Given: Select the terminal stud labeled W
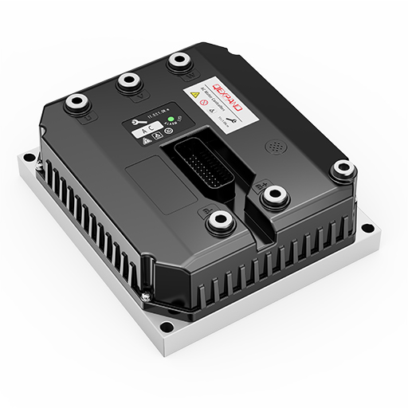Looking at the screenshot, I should pos(177,61).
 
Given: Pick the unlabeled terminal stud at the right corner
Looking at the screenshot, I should pos(343,167).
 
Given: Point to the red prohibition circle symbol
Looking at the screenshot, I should pos(205,104).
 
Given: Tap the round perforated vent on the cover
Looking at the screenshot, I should pos(275,148).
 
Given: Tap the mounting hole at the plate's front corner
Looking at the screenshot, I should pos(164,325).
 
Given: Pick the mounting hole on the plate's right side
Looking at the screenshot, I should pos(366,229).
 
